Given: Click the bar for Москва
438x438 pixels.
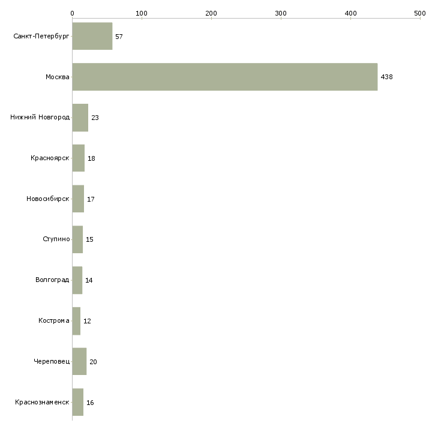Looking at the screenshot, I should (x=225, y=77).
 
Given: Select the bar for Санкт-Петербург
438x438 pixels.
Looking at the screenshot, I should (x=92, y=36).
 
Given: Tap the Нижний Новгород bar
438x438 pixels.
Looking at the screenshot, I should (x=80, y=118).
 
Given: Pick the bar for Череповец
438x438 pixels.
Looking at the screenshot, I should (x=79, y=361).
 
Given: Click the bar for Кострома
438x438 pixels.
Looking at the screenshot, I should (x=76, y=321).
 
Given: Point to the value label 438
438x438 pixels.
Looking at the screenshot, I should (x=386, y=77).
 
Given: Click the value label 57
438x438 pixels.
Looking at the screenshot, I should (x=119, y=37).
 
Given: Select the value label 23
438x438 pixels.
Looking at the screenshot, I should (x=95, y=118).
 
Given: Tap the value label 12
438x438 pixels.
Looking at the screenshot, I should (x=87, y=321).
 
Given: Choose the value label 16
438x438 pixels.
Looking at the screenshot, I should (x=90, y=403).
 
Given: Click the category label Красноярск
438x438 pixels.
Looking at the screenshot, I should (x=50, y=158).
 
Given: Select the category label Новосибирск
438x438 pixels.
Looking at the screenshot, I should (x=48, y=199).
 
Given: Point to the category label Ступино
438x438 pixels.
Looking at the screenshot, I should (x=56, y=239).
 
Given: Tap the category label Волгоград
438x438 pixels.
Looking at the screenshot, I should (x=52, y=280).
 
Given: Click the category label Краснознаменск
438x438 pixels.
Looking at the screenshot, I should (x=43, y=402).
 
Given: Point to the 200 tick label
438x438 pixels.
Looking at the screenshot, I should (x=211, y=13).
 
